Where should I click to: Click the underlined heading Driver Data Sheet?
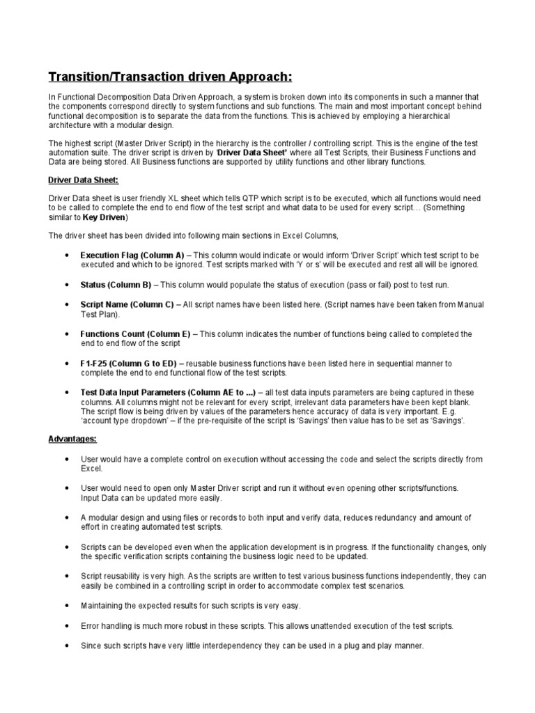pos(84,180)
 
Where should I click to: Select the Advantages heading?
pos(72,439)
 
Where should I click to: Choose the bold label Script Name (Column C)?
pos(127,305)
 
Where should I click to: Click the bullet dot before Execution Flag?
pos(65,256)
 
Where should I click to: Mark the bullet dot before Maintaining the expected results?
pos(65,606)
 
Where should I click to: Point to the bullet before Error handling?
pos(65,626)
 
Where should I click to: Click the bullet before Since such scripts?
pos(65,646)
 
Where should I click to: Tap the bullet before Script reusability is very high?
pos(65,577)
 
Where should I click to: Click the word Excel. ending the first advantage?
pos(91,469)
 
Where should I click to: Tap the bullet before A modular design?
pos(65,518)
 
